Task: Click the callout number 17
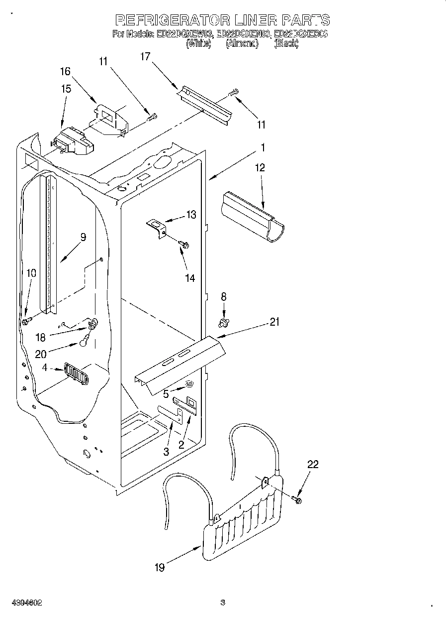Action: click(145, 57)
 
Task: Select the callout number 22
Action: click(313, 465)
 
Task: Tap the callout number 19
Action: click(160, 567)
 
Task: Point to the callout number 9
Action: click(83, 237)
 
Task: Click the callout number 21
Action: click(274, 322)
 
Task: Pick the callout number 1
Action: click(263, 147)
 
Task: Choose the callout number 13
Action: click(191, 215)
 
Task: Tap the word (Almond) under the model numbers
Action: click(242, 44)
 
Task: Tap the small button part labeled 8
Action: click(224, 324)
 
